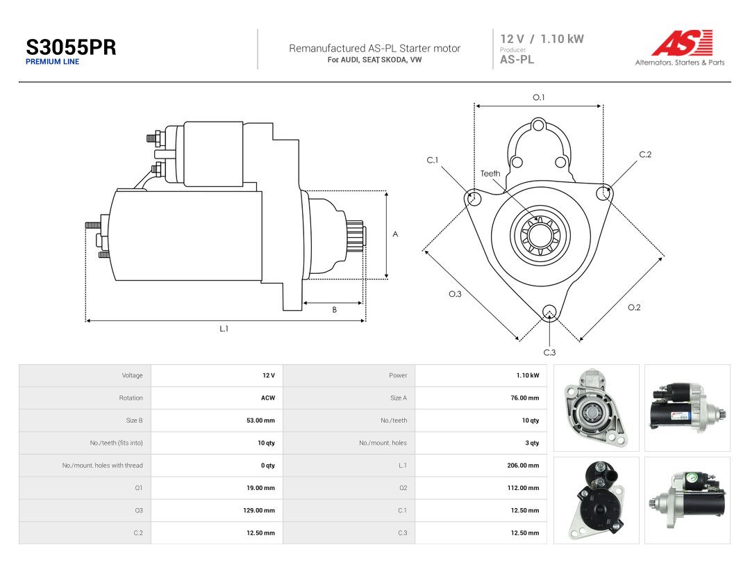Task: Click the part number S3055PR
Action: pyautogui.click(x=71, y=47)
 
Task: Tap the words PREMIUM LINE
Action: pyautogui.click(x=53, y=62)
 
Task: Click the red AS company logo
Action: pyautogui.click(x=682, y=43)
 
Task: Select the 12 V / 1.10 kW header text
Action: pyautogui.click(x=542, y=39)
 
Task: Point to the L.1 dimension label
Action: pyautogui.click(x=224, y=328)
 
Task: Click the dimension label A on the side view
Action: pyautogui.click(x=395, y=234)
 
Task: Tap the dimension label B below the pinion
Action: pyautogui.click(x=334, y=310)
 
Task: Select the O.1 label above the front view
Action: pyautogui.click(x=539, y=97)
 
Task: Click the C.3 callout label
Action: pyautogui.click(x=549, y=352)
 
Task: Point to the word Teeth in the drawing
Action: pyautogui.click(x=490, y=173)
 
